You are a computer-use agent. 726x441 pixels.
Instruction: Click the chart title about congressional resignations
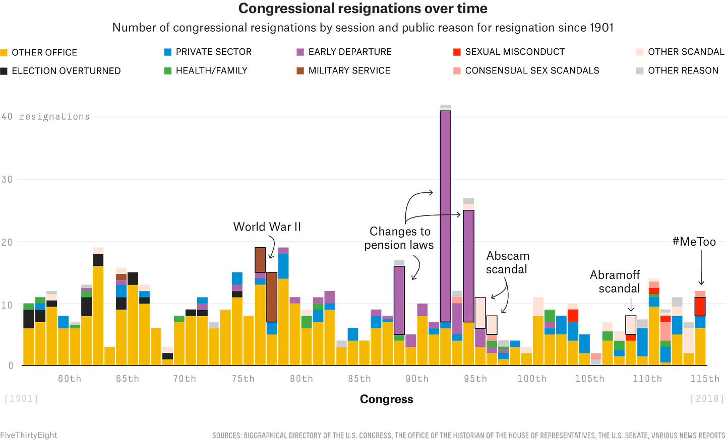(x=362, y=9)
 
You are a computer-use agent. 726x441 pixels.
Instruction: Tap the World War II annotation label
(x=267, y=227)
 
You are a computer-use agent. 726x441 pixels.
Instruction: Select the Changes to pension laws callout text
(x=399, y=238)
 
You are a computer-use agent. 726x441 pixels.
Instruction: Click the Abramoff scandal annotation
(x=615, y=282)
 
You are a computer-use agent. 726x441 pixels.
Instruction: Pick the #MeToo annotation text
(x=694, y=242)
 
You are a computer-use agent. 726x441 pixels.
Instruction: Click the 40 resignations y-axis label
(x=46, y=117)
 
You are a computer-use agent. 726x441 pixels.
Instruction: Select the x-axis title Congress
(x=387, y=399)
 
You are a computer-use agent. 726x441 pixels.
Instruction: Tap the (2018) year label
(x=706, y=399)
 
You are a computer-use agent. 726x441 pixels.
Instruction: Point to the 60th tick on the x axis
(x=69, y=379)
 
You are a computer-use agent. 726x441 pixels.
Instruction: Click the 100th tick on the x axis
(x=532, y=379)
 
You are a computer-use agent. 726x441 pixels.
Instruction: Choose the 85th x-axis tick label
(x=359, y=379)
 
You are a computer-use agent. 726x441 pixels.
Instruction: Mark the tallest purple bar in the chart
(x=446, y=216)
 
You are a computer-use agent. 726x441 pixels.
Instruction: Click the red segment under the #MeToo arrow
(x=700, y=307)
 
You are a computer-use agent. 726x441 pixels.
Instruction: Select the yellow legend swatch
(x=4, y=52)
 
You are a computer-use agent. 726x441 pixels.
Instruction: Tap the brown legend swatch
(x=300, y=70)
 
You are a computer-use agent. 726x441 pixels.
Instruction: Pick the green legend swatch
(x=168, y=70)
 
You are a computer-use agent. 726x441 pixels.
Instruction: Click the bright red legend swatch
(x=457, y=52)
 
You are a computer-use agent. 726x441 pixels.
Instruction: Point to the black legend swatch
(x=4, y=71)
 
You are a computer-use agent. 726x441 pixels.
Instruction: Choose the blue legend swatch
(x=168, y=52)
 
